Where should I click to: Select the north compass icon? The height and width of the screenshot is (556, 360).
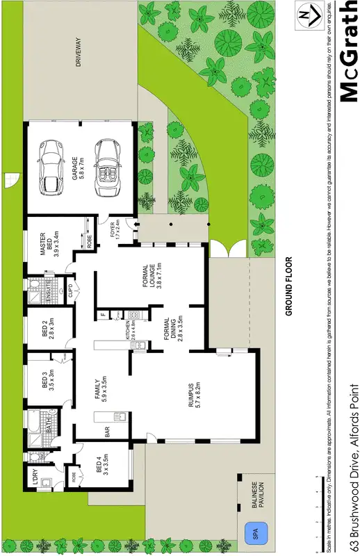(x=304, y=15)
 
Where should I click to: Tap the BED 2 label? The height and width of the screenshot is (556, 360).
(x=47, y=327)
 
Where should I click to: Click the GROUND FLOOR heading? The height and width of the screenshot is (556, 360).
(x=287, y=287)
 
